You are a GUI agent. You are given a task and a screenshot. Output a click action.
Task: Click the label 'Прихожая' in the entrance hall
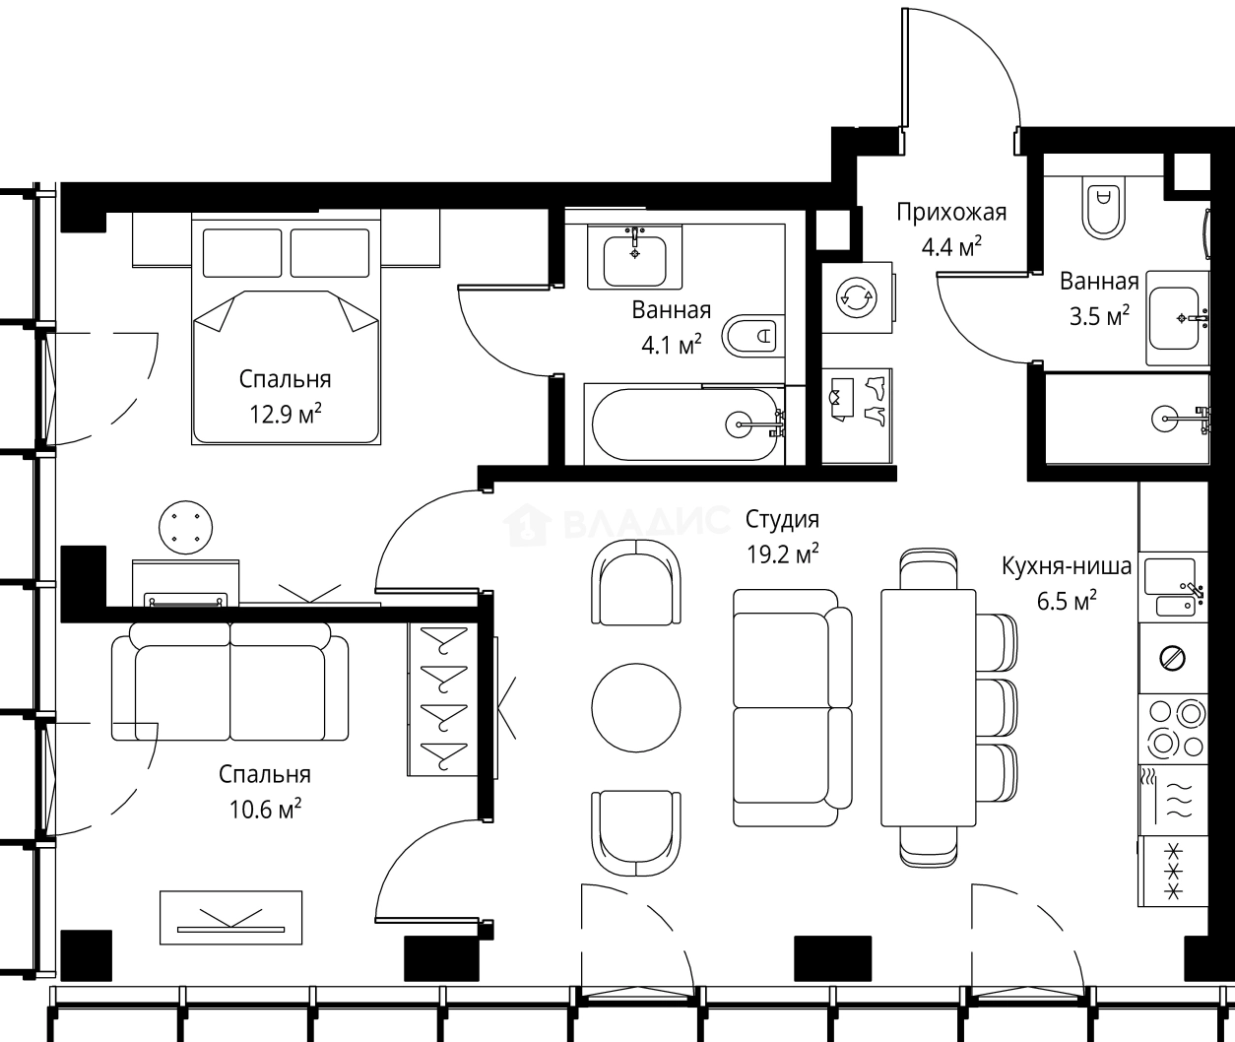(x=951, y=213)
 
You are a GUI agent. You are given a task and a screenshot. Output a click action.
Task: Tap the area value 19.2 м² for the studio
(x=782, y=554)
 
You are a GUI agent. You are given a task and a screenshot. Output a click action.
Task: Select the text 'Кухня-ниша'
(x=1067, y=566)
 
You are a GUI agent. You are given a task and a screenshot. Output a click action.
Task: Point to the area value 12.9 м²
(x=285, y=415)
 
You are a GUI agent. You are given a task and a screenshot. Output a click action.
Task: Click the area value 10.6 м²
(x=265, y=809)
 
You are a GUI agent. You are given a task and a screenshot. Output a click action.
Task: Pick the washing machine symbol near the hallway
(x=857, y=297)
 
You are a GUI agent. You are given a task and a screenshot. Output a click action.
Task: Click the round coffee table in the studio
(x=636, y=708)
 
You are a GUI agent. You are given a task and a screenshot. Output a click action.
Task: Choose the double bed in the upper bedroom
(x=286, y=329)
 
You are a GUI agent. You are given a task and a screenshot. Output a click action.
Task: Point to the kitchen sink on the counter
(x=1173, y=587)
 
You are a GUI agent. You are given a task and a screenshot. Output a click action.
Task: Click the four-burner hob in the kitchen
(x=1174, y=729)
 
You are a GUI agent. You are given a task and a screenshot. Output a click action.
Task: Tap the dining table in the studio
(x=928, y=708)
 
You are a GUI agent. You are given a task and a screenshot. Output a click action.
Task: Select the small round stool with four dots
(x=186, y=527)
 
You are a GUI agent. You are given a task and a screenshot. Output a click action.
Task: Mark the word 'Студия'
(x=782, y=519)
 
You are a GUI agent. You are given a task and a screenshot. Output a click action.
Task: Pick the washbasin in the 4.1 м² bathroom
(x=634, y=257)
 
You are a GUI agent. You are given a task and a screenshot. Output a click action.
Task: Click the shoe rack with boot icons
(x=857, y=416)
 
